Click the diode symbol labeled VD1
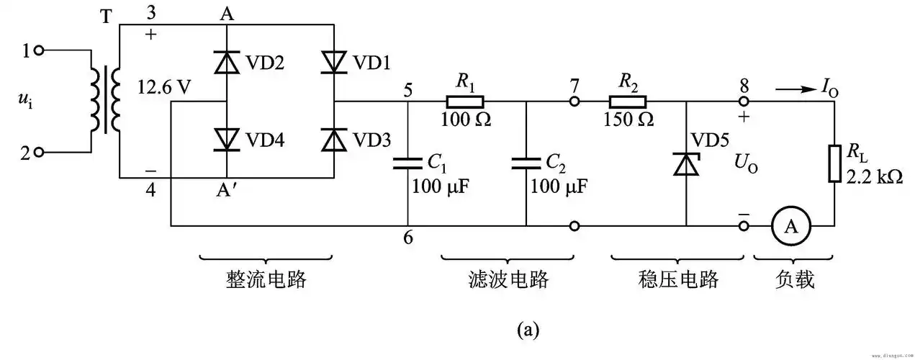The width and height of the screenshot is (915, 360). (334, 63)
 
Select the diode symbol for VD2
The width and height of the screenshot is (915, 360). (227, 63)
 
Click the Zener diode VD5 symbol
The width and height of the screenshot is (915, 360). (685, 165)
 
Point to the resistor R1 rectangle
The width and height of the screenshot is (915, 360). (465, 102)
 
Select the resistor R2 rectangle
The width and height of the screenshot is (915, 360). (628, 102)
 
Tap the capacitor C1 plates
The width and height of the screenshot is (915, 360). (407, 164)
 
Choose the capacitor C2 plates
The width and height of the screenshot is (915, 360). (526, 164)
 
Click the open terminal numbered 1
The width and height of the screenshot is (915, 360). (39, 50)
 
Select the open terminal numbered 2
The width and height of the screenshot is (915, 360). (39, 152)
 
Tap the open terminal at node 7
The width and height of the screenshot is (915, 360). (574, 102)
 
